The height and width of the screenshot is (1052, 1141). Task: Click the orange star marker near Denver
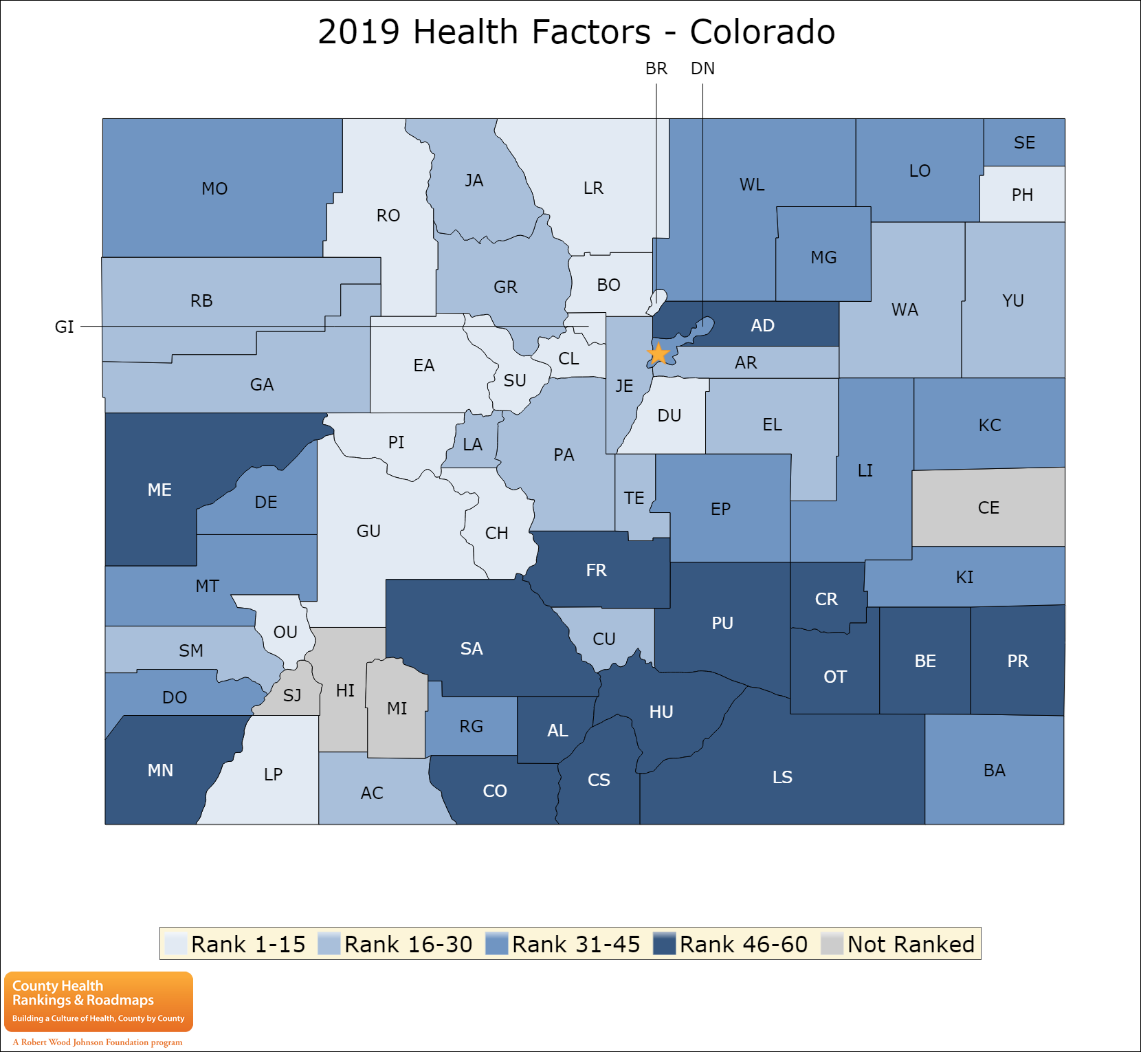[x=658, y=354]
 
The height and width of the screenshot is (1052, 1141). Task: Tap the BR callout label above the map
[x=656, y=69]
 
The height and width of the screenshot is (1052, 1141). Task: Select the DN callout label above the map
[x=702, y=69]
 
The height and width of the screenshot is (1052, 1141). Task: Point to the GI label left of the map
[x=64, y=327]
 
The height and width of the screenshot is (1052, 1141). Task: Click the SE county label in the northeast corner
[x=1024, y=142]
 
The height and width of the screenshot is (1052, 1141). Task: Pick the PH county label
[x=1022, y=195]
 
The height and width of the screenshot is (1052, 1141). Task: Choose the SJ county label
[x=292, y=695]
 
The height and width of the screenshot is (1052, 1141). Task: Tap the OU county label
[x=285, y=632]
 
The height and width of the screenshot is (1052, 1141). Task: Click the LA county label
[x=472, y=444]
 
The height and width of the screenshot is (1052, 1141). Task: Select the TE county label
[x=634, y=498]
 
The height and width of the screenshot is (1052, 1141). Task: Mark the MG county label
[x=823, y=257]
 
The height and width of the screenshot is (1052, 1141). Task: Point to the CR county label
[x=826, y=599]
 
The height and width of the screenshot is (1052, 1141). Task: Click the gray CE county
[x=988, y=507]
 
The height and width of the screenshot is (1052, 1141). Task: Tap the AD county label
[x=762, y=325]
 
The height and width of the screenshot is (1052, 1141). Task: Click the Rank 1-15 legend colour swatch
[x=176, y=943]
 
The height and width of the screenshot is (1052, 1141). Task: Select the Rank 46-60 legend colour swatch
[x=665, y=943]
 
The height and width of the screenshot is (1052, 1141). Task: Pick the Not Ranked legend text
[x=911, y=944]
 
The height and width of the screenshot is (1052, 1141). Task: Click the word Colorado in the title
[x=762, y=32]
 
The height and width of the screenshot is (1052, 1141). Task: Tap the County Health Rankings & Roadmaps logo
[x=98, y=1001]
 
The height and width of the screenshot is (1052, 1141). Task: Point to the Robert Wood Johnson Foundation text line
[x=98, y=1042]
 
